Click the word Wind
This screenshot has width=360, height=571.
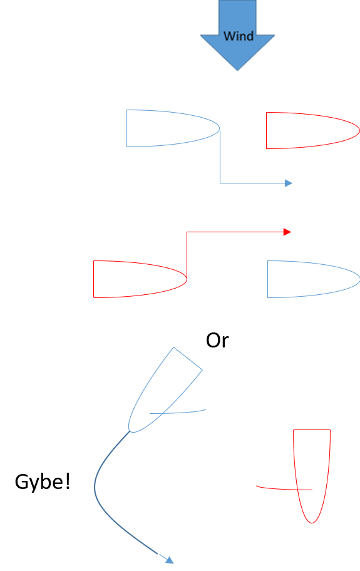click(239, 36)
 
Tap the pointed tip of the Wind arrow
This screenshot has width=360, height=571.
click(237, 70)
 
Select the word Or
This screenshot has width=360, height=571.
click(217, 341)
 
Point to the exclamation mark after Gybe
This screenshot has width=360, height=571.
click(67, 481)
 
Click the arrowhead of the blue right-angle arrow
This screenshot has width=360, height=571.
click(289, 183)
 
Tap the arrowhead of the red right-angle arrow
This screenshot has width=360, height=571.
click(287, 232)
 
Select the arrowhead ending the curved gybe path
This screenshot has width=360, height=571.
click(170, 560)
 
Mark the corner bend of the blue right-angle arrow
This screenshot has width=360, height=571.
click(220, 183)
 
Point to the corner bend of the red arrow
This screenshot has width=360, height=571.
click(187, 232)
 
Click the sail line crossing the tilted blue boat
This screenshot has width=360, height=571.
click(178, 412)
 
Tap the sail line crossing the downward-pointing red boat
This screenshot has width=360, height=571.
click(284, 489)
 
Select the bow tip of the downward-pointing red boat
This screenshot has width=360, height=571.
click(312, 523)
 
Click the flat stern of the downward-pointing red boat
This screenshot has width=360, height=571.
click(312, 430)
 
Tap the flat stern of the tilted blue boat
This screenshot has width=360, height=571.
click(188, 359)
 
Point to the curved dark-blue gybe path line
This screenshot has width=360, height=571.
click(95, 488)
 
